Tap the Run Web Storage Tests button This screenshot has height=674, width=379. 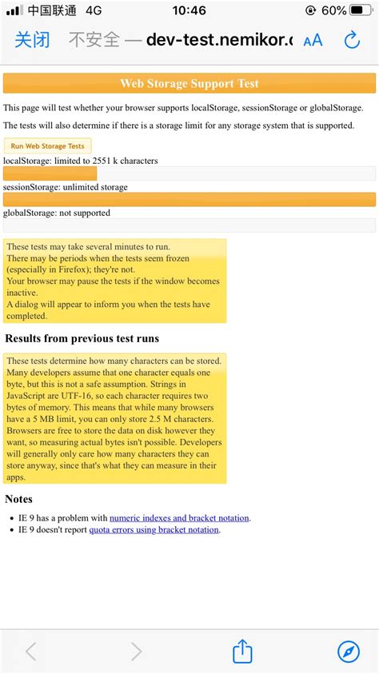pyautogui.click(x=47, y=146)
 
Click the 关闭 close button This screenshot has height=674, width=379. pyautogui.click(x=32, y=40)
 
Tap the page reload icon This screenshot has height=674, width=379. pyautogui.click(x=351, y=40)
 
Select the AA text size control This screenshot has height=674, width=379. pyautogui.click(x=313, y=40)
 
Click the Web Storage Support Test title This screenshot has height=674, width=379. pyautogui.click(x=189, y=83)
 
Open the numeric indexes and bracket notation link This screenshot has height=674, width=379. pyautogui.click(x=179, y=518)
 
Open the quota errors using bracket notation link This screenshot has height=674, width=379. pyautogui.click(x=154, y=529)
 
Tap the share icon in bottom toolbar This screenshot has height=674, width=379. pyautogui.click(x=243, y=652)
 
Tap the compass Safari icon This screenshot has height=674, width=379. pyautogui.click(x=349, y=652)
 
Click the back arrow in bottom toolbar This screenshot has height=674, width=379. pyautogui.click(x=31, y=652)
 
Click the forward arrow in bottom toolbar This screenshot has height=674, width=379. pyautogui.click(x=137, y=652)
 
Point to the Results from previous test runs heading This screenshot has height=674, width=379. pyautogui.click(x=82, y=338)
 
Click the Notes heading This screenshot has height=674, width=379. pyautogui.click(x=18, y=499)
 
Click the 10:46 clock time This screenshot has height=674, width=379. pyautogui.click(x=189, y=11)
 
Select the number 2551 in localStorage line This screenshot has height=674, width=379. pyautogui.click(x=103, y=161)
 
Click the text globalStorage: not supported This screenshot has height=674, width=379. pyautogui.click(x=57, y=213)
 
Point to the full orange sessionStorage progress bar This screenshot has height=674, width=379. pyautogui.click(x=189, y=199)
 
